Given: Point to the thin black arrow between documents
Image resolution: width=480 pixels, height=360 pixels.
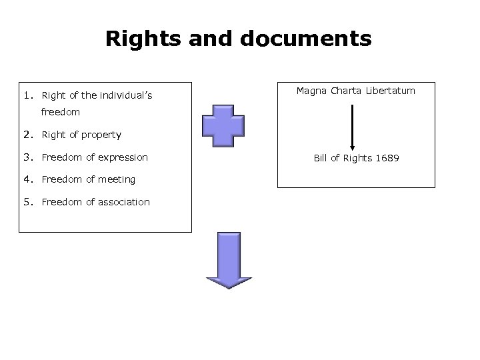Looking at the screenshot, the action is pos(352,127).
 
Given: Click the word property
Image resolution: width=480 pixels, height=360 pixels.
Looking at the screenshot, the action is pos(101,135).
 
